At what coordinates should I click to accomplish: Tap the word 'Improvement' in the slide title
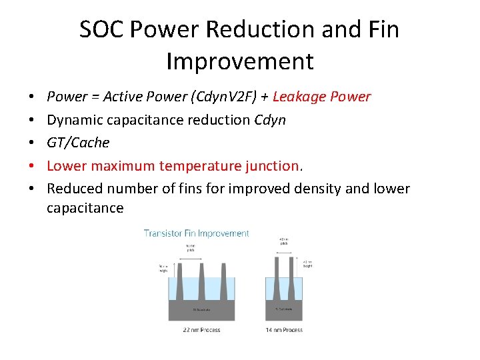[240, 61]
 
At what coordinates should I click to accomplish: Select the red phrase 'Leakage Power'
[321, 97]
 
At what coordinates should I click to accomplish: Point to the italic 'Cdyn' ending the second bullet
[270, 120]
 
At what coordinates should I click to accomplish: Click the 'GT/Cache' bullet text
[78, 143]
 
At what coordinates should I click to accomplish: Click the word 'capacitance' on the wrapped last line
[85, 208]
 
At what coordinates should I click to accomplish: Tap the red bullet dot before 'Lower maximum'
[33, 166]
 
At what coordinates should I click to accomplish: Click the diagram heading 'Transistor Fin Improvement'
[197, 233]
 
